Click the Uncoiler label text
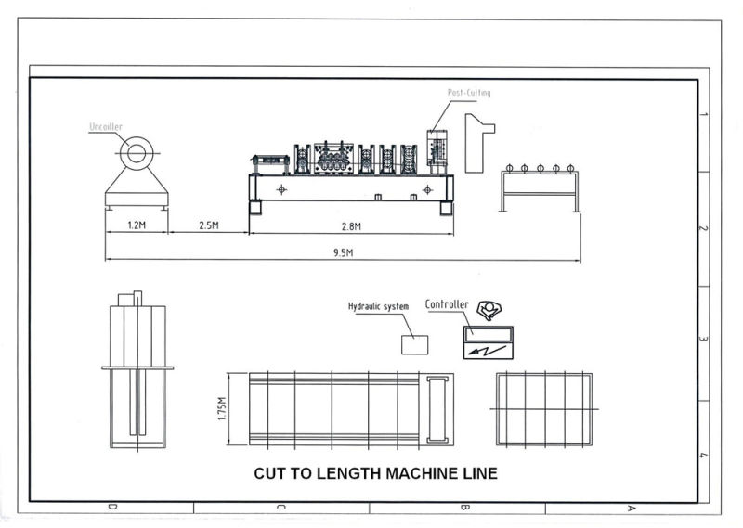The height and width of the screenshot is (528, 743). (105, 126)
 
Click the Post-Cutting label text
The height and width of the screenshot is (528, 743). (469, 93)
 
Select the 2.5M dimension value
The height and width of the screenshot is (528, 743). (208, 225)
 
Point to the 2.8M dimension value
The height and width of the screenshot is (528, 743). (351, 225)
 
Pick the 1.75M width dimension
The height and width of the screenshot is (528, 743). (223, 408)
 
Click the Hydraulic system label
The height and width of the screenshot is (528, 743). (378, 306)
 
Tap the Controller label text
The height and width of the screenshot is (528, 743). (447, 303)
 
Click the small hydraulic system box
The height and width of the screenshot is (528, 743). (414, 344)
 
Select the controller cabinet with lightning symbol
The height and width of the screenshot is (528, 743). (489, 343)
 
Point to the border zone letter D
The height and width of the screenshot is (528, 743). (112, 508)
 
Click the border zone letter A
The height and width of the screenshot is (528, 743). (632, 508)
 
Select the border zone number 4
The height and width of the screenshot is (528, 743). (705, 455)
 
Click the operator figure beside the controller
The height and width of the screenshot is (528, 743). (488, 311)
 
